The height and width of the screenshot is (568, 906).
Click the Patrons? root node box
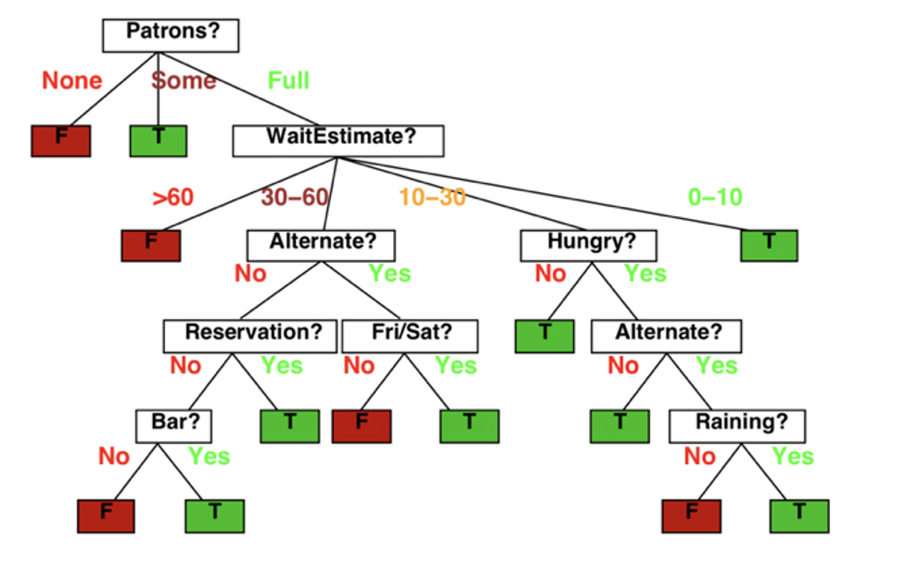pos(171,35)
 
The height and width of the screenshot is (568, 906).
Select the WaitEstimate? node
pos(338,140)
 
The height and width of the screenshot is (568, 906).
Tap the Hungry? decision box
pos(588,245)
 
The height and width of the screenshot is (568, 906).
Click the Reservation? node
pos(249,336)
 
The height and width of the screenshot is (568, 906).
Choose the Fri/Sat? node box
pos(410,336)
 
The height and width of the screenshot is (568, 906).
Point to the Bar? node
pos(173,426)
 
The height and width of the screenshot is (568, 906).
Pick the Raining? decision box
pos(736,426)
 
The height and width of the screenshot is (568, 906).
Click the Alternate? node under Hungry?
pos(666,336)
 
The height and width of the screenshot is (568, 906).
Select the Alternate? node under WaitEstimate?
pos(321,245)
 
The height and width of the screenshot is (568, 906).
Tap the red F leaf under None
pos(60,140)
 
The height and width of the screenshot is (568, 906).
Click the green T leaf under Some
pos(159,140)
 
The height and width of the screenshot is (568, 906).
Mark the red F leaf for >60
pos(151,245)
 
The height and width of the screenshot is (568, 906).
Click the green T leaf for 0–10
pos(769,245)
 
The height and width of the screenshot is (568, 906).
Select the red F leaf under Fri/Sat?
pos(362,426)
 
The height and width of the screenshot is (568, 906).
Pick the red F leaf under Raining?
pos(692,516)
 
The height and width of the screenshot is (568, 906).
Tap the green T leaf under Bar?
pos(214,516)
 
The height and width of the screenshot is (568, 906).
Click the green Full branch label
pos(288,81)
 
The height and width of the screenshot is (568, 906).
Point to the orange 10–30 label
pos(432,198)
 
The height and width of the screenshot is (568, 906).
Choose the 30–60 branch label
pos(295,198)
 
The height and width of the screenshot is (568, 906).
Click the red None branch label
pos(72,81)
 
